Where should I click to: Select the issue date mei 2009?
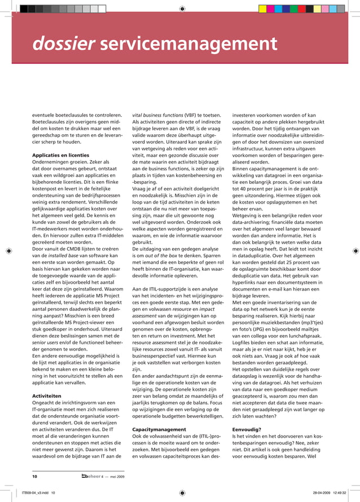tap(118, 477)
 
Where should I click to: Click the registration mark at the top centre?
tap(181, 8)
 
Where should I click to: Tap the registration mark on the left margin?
tap(8, 251)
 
